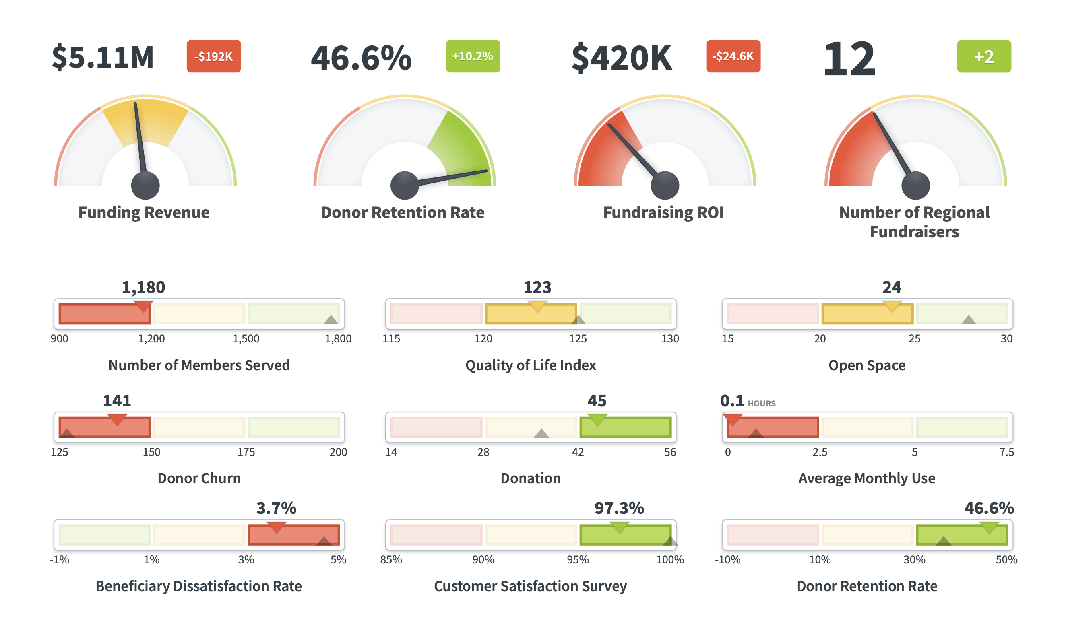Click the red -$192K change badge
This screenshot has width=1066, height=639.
tap(214, 56)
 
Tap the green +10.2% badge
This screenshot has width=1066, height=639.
tap(473, 56)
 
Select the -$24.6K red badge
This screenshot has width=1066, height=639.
tap(733, 56)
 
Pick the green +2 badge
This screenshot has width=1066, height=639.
tap(983, 56)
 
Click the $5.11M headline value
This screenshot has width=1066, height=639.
tap(103, 57)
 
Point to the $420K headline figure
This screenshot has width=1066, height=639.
tap(621, 58)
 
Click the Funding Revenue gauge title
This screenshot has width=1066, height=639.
tap(144, 212)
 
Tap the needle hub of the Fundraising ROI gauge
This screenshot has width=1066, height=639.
tap(665, 185)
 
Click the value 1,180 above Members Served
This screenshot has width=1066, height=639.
tap(143, 287)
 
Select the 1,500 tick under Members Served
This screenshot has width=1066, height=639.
tap(246, 339)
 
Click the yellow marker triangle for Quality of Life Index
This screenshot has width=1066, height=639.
tap(537, 306)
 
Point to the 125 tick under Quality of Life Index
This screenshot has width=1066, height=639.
tap(578, 339)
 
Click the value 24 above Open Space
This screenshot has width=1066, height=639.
tap(891, 287)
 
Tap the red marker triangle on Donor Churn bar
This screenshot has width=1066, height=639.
tap(117, 419)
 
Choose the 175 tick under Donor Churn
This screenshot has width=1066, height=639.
tap(246, 452)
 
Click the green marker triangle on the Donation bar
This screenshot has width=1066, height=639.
tap(597, 419)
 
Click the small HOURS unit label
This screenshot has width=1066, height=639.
tap(761, 404)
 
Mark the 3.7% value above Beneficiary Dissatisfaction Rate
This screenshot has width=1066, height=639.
tap(276, 508)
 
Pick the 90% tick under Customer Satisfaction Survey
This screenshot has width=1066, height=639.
tap(483, 560)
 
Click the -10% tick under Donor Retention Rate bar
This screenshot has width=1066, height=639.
tap(727, 560)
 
